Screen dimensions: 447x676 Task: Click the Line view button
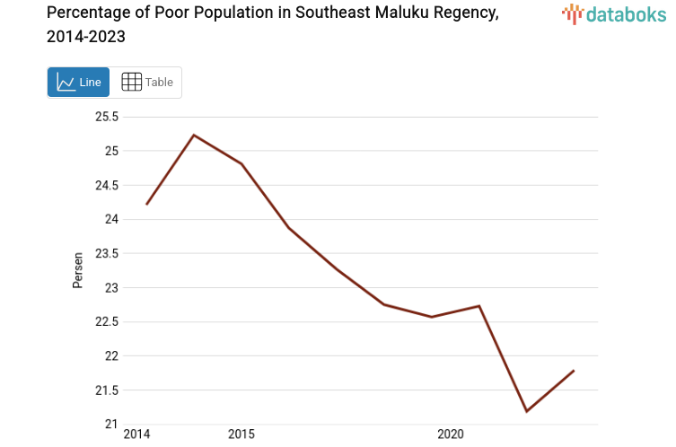point(79,83)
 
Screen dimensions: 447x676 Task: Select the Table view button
point(146,83)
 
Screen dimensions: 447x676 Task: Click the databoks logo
point(613,13)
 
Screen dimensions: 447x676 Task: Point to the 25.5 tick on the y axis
point(107,117)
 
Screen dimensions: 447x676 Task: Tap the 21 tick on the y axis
point(112,424)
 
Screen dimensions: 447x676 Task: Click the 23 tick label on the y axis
point(112,287)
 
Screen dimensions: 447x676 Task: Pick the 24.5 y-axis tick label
point(107,185)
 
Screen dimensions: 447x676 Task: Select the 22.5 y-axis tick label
point(107,321)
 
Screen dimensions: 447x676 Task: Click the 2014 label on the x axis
point(136,434)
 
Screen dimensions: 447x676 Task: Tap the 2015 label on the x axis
point(241,434)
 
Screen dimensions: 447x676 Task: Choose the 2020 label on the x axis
point(450,434)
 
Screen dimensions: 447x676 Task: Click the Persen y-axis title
point(78,270)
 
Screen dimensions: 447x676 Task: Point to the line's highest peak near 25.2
point(194,136)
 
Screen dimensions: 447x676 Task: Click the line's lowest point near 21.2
point(526,411)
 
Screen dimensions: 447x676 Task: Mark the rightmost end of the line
point(574,371)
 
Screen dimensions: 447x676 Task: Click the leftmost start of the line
point(146,205)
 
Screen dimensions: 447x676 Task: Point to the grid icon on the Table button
point(131,83)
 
